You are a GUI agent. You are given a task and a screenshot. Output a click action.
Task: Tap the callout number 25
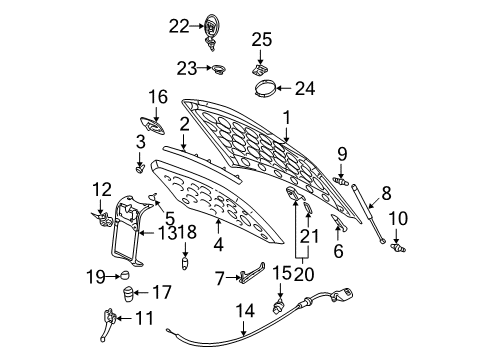click(x=261, y=40)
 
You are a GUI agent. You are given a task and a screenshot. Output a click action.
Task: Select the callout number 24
click(x=303, y=88)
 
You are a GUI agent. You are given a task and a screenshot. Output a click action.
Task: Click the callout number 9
click(x=341, y=153)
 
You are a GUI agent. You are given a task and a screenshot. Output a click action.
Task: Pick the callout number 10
click(x=397, y=218)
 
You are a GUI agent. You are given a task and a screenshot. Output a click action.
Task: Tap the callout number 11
click(x=146, y=319)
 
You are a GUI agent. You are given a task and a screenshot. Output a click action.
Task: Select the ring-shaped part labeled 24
click(x=265, y=89)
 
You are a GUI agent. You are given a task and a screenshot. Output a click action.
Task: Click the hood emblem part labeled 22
click(x=212, y=30)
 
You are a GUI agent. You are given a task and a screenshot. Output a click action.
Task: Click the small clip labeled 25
click(x=263, y=71)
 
